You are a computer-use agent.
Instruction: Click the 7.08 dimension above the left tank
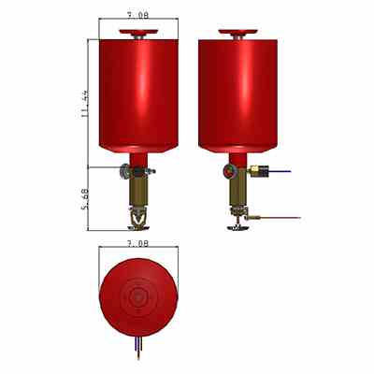[x=138, y=15]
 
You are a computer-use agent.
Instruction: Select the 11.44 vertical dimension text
[x=84, y=104]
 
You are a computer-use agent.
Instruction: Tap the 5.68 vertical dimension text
[x=85, y=199]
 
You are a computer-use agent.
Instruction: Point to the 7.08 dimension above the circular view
[x=138, y=243]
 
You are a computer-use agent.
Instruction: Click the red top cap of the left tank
[x=138, y=32]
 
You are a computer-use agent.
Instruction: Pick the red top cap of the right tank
[x=238, y=32]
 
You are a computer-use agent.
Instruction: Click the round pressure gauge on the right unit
[x=229, y=170]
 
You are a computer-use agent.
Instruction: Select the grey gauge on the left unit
[x=125, y=171]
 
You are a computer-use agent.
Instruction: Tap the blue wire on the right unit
[x=280, y=171]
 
